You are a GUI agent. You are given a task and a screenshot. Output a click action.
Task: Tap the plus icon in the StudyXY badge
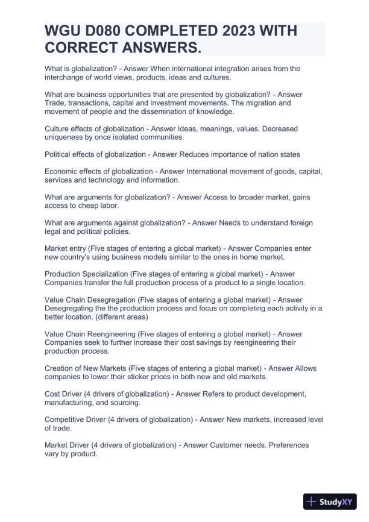point(312,502)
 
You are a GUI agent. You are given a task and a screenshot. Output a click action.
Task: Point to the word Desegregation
point(111,300)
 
